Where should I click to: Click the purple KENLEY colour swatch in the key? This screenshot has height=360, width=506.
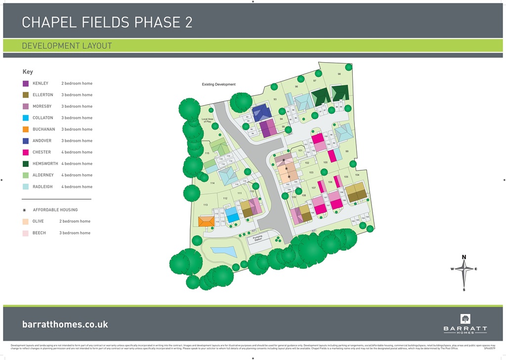click(x=26, y=83)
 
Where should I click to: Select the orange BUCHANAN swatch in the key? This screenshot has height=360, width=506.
click(x=26, y=129)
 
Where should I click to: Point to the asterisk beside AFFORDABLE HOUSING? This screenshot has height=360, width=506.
click(x=24, y=210)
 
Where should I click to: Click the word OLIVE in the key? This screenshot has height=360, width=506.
click(x=40, y=221)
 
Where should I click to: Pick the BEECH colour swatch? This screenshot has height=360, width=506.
click(x=26, y=233)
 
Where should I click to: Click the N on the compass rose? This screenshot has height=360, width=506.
click(x=464, y=257)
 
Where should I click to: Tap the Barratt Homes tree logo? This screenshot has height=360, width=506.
click(x=465, y=319)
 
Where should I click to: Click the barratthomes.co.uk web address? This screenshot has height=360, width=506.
click(x=65, y=324)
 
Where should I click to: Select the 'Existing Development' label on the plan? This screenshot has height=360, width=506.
click(x=218, y=84)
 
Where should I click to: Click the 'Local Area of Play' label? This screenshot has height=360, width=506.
click(x=208, y=120)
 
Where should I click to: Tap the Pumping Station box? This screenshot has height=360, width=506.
click(x=258, y=239)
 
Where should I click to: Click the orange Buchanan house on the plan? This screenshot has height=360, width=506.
click(x=206, y=221)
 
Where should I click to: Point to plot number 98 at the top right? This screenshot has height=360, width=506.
click(x=339, y=74)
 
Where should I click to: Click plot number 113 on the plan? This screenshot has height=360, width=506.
click(x=205, y=204)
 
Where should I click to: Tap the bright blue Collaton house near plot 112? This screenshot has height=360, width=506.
click(x=232, y=214)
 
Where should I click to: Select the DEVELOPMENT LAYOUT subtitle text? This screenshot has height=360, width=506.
click(x=67, y=46)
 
